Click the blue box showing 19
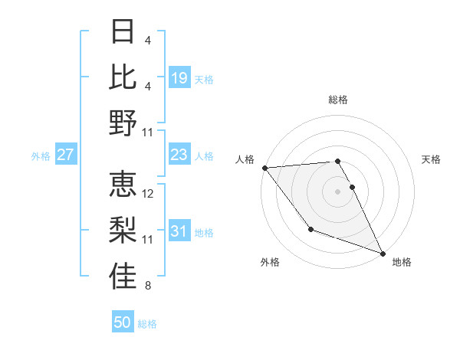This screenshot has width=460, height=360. [179, 77]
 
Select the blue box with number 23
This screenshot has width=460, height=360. [179, 155]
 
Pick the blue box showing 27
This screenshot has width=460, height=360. [66, 155]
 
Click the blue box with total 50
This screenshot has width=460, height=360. [123, 322]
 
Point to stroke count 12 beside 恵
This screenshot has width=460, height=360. [149, 194]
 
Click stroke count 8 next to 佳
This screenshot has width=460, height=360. [148, 286]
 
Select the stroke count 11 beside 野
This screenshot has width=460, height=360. [149, 133]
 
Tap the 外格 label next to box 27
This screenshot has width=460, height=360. [41, 156]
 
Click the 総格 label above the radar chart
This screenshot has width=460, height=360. [337, 100]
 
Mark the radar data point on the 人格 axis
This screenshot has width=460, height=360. [264, 167]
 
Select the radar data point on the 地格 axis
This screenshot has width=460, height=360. [382, 253]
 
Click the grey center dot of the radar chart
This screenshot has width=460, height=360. [337, 191]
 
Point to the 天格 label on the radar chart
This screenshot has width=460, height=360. [431, 159]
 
